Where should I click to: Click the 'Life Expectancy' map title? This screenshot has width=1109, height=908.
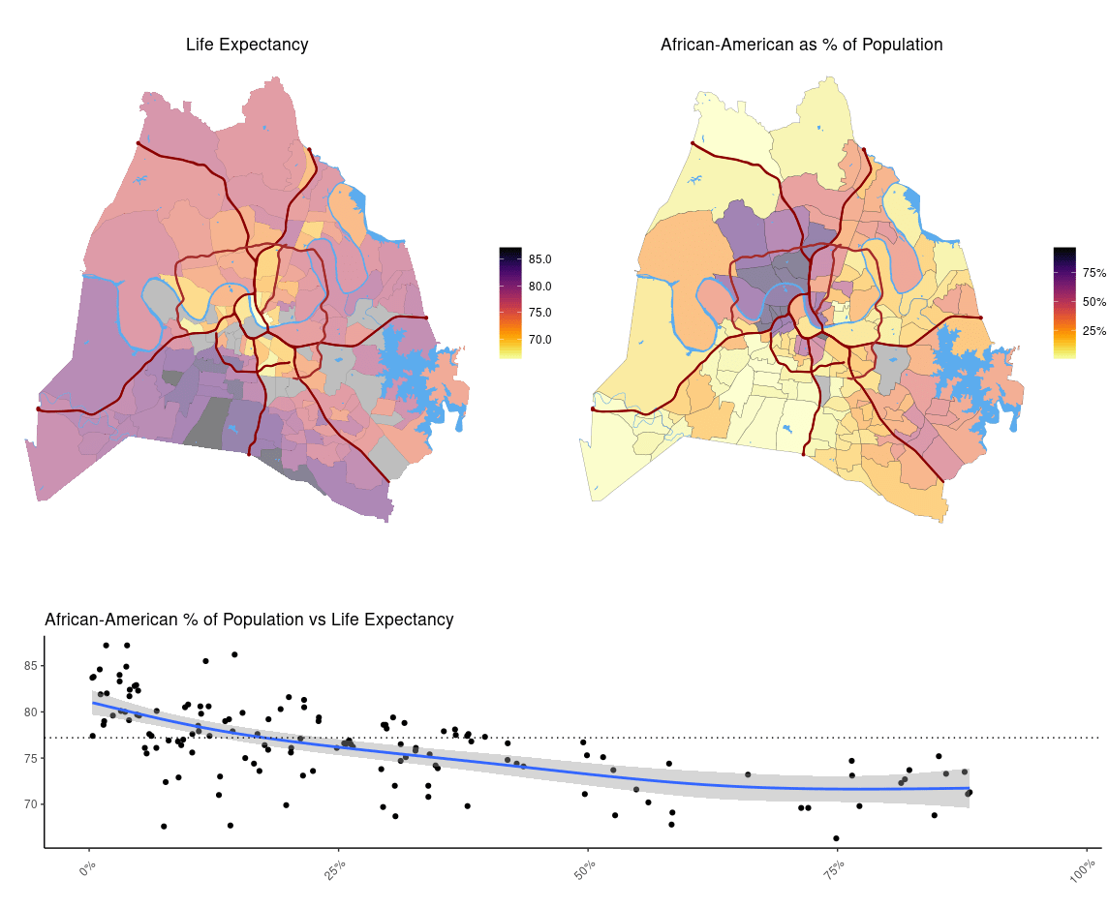[x=247, y=45]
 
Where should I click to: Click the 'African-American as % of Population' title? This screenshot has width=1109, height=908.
[x=801, y=45]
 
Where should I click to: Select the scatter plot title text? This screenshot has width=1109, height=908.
[x=249, y=620]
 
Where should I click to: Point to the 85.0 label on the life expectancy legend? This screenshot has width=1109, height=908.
[x=539, y=259]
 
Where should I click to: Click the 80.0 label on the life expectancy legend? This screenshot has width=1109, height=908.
[x=539, y=287]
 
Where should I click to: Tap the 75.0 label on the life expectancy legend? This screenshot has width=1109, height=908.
[x=539, y=313]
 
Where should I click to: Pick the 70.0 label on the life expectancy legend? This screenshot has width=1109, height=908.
[x=539, y=340]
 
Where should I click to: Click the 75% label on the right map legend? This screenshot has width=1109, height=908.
[x=1094, y=273]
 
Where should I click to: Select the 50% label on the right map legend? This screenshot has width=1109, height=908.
[x=1094, y=302]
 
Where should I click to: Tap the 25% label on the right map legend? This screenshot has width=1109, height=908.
[x=1094, y=331]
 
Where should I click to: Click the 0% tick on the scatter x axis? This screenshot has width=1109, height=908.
[x=87, y=868]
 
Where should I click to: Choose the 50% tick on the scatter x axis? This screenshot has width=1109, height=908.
[x=585, y=868]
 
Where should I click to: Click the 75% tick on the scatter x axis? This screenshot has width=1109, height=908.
[x=834, y=868]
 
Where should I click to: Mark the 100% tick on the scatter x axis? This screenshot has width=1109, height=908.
[x=1082, y=870]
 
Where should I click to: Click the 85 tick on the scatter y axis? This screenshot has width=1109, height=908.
[x=32, y=666]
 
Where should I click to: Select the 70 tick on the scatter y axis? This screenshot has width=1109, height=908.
[x=32, y=804]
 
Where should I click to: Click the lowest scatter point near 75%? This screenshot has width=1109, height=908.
[x=836, y=838]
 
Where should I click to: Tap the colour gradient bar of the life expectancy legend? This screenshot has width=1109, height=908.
[x=510, y=303]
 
